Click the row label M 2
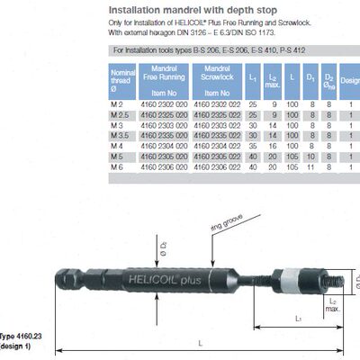117,104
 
